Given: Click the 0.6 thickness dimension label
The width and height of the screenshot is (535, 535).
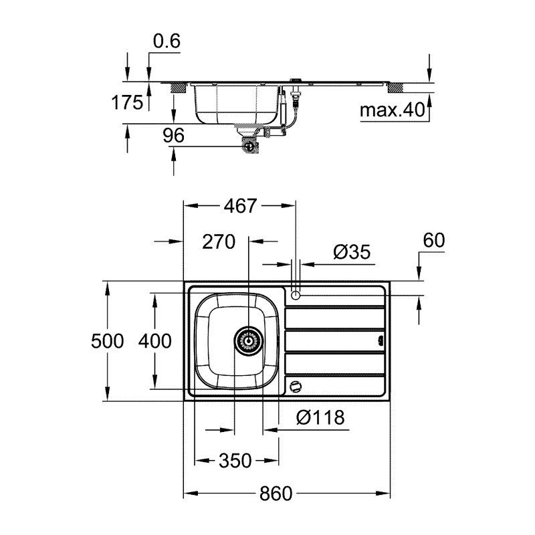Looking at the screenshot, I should coord(167,41).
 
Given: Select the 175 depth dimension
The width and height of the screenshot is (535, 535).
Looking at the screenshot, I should coord(126,102).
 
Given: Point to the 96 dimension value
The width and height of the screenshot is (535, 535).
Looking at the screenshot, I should coord(173,136).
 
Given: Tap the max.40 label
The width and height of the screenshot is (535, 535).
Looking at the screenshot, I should coord(393,110).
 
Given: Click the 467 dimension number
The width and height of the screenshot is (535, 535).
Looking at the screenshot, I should coord(239,206).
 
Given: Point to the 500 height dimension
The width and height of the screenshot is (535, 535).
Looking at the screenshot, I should coord(107,341).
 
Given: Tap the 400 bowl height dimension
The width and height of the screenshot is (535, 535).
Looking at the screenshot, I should coord(154,341).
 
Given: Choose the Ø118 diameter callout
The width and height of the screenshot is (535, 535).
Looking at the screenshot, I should coord(320,418).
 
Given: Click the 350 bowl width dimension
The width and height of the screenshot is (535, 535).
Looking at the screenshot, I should coord(235,461).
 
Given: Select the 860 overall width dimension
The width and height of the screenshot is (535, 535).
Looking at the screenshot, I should coord(276,494).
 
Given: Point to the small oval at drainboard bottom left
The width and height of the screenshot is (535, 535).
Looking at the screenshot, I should coord(295,385).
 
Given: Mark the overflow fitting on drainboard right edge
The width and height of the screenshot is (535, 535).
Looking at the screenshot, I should coord(381,340).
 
